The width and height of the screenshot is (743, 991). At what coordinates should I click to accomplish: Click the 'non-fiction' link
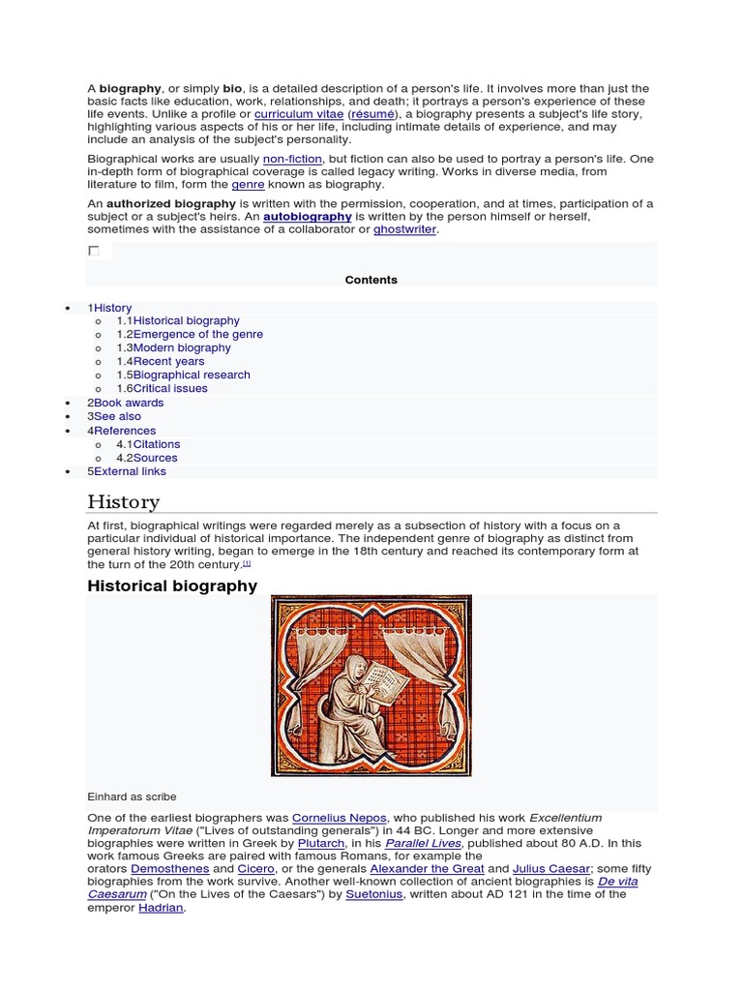click(x=291, y=159)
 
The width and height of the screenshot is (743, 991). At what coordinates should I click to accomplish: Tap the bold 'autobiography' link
click(x=307, y=217)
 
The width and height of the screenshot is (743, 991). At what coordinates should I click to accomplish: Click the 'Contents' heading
click(x=371, y=280)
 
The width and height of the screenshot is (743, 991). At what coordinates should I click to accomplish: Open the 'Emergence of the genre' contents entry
click(x=197, y=334)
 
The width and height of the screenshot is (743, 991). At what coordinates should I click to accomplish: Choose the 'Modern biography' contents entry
click(x=182, y=347)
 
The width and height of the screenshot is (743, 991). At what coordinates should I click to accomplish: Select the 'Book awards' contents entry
click(x=129, y=403)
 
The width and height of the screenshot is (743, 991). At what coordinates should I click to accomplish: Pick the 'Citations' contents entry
click(x=156, y=444)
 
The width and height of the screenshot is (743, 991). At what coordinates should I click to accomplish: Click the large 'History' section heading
click(x=123, y=501)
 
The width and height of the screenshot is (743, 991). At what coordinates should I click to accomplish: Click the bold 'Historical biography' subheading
click(x=172, y=586)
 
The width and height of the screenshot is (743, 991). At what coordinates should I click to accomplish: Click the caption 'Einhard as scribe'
click(x=132, y=796)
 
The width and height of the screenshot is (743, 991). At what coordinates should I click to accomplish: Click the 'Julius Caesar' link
click(x=550, y=869)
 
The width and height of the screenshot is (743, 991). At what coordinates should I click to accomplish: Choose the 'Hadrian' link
click(x=161, y=908)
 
